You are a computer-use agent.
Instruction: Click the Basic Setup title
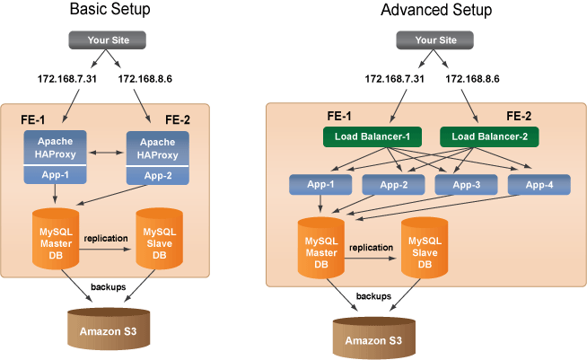coord(110,9)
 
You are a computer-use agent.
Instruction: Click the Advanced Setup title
coord(436,10)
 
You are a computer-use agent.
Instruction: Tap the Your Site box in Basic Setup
coord(108,40)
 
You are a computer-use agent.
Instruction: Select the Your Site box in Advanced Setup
coord(435,40)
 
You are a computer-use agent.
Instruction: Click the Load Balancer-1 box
coord(372,136)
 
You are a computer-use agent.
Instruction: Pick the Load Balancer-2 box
coord(489,136)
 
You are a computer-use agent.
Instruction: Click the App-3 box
coord(466,185)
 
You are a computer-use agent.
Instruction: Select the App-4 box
coord(539,185)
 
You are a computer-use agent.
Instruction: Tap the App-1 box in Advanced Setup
coord(320,185)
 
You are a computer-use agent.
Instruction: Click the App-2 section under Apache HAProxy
coord(158,176)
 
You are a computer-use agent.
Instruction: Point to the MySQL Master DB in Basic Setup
coord(56,239)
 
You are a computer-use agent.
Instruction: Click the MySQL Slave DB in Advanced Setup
coord(425,248)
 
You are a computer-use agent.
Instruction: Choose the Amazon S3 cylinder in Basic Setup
coord(109,329)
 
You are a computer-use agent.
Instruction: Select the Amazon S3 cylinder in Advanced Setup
coord(374,338)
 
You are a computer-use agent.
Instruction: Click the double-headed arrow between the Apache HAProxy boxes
coord(106,153)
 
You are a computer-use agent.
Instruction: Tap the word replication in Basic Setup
coord(106,239)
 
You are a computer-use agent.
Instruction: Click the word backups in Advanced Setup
coord(373,296)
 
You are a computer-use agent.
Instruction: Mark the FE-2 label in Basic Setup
coord(178,120)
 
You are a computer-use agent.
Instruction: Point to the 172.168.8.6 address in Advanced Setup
coord(472,79)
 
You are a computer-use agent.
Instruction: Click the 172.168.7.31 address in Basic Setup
coord(67,79)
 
